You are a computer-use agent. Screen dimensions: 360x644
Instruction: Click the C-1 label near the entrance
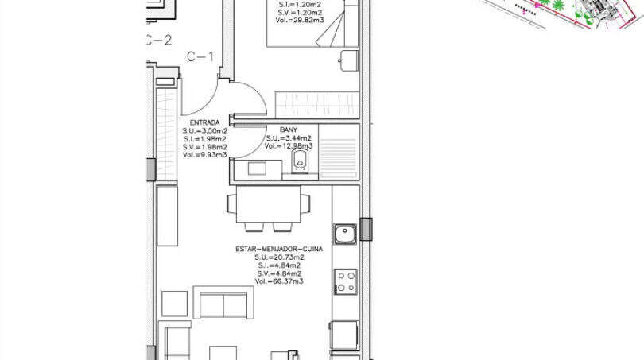coord(200,56)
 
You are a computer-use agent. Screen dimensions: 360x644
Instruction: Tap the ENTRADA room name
coord(204,122)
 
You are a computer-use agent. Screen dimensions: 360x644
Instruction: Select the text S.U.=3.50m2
coord(204,130)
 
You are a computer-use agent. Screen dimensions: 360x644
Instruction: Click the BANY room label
coord(289,129)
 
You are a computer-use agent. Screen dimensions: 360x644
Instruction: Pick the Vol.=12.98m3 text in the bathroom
coord(289,146)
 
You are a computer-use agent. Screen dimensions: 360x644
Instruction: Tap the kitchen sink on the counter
coord(344,234)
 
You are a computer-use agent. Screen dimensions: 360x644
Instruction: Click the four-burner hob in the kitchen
coord(345,281)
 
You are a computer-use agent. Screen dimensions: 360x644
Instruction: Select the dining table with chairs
coord(267,204)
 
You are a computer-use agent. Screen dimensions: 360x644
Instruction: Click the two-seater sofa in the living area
coord(223,304)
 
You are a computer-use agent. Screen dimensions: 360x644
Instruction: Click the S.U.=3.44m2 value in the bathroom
coord(289,137)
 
